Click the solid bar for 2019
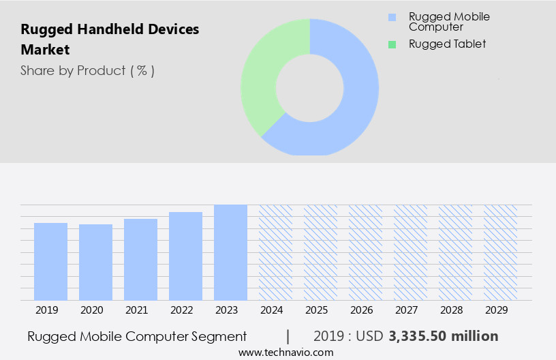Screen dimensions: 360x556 click(50, 262)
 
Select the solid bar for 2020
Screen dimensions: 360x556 click(95, 262)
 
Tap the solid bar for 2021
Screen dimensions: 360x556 click(140, 260)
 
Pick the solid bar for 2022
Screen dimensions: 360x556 click(185, 256)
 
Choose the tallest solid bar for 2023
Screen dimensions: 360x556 click(230, 252)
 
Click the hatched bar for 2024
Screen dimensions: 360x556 click(275, 252)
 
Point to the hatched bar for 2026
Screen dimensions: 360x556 click(365, 252)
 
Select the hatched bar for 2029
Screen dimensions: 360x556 click(500, 252)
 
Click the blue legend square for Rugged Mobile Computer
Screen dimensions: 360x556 click(391, 17)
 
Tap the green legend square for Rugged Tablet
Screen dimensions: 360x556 click(391, 44)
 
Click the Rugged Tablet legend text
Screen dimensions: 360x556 click(447, 44)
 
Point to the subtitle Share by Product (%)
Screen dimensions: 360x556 click(87, 71)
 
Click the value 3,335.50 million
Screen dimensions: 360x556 click(444, 336)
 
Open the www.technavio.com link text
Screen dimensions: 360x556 click(285, 352)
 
